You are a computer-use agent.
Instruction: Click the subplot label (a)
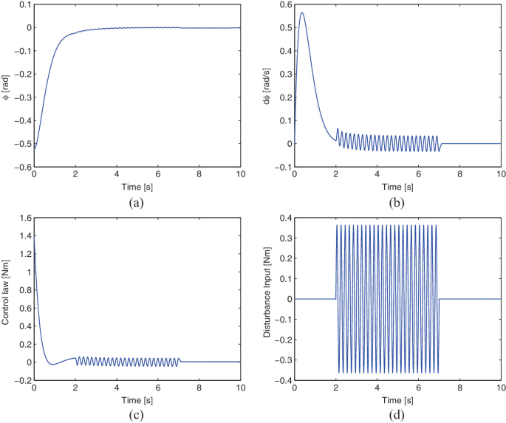coord(137,201)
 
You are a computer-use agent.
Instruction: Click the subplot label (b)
coord(397,201)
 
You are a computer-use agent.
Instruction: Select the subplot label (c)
coord(137,413)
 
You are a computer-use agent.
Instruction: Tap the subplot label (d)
coord(397,413)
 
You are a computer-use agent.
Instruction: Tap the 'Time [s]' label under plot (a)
coord(137,186)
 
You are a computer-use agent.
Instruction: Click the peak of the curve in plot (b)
coord(301,13)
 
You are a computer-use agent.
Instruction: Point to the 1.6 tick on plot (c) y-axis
coord(23,218)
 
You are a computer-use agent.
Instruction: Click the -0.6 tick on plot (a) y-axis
coord(21,167)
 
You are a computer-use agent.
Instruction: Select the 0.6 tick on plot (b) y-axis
coord(284,5)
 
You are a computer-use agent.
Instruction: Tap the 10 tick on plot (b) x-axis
coord(501,175)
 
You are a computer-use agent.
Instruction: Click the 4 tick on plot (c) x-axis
coord(117,388)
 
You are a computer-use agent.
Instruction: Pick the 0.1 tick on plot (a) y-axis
coord(23,5)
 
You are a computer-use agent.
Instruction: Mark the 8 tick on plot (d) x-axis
coord(459,388)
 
